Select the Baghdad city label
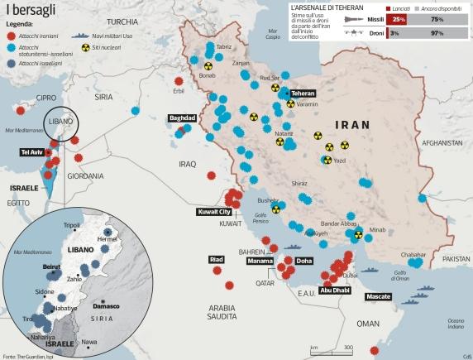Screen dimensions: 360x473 pos(182,118)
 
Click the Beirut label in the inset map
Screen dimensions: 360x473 pos(51,266)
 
